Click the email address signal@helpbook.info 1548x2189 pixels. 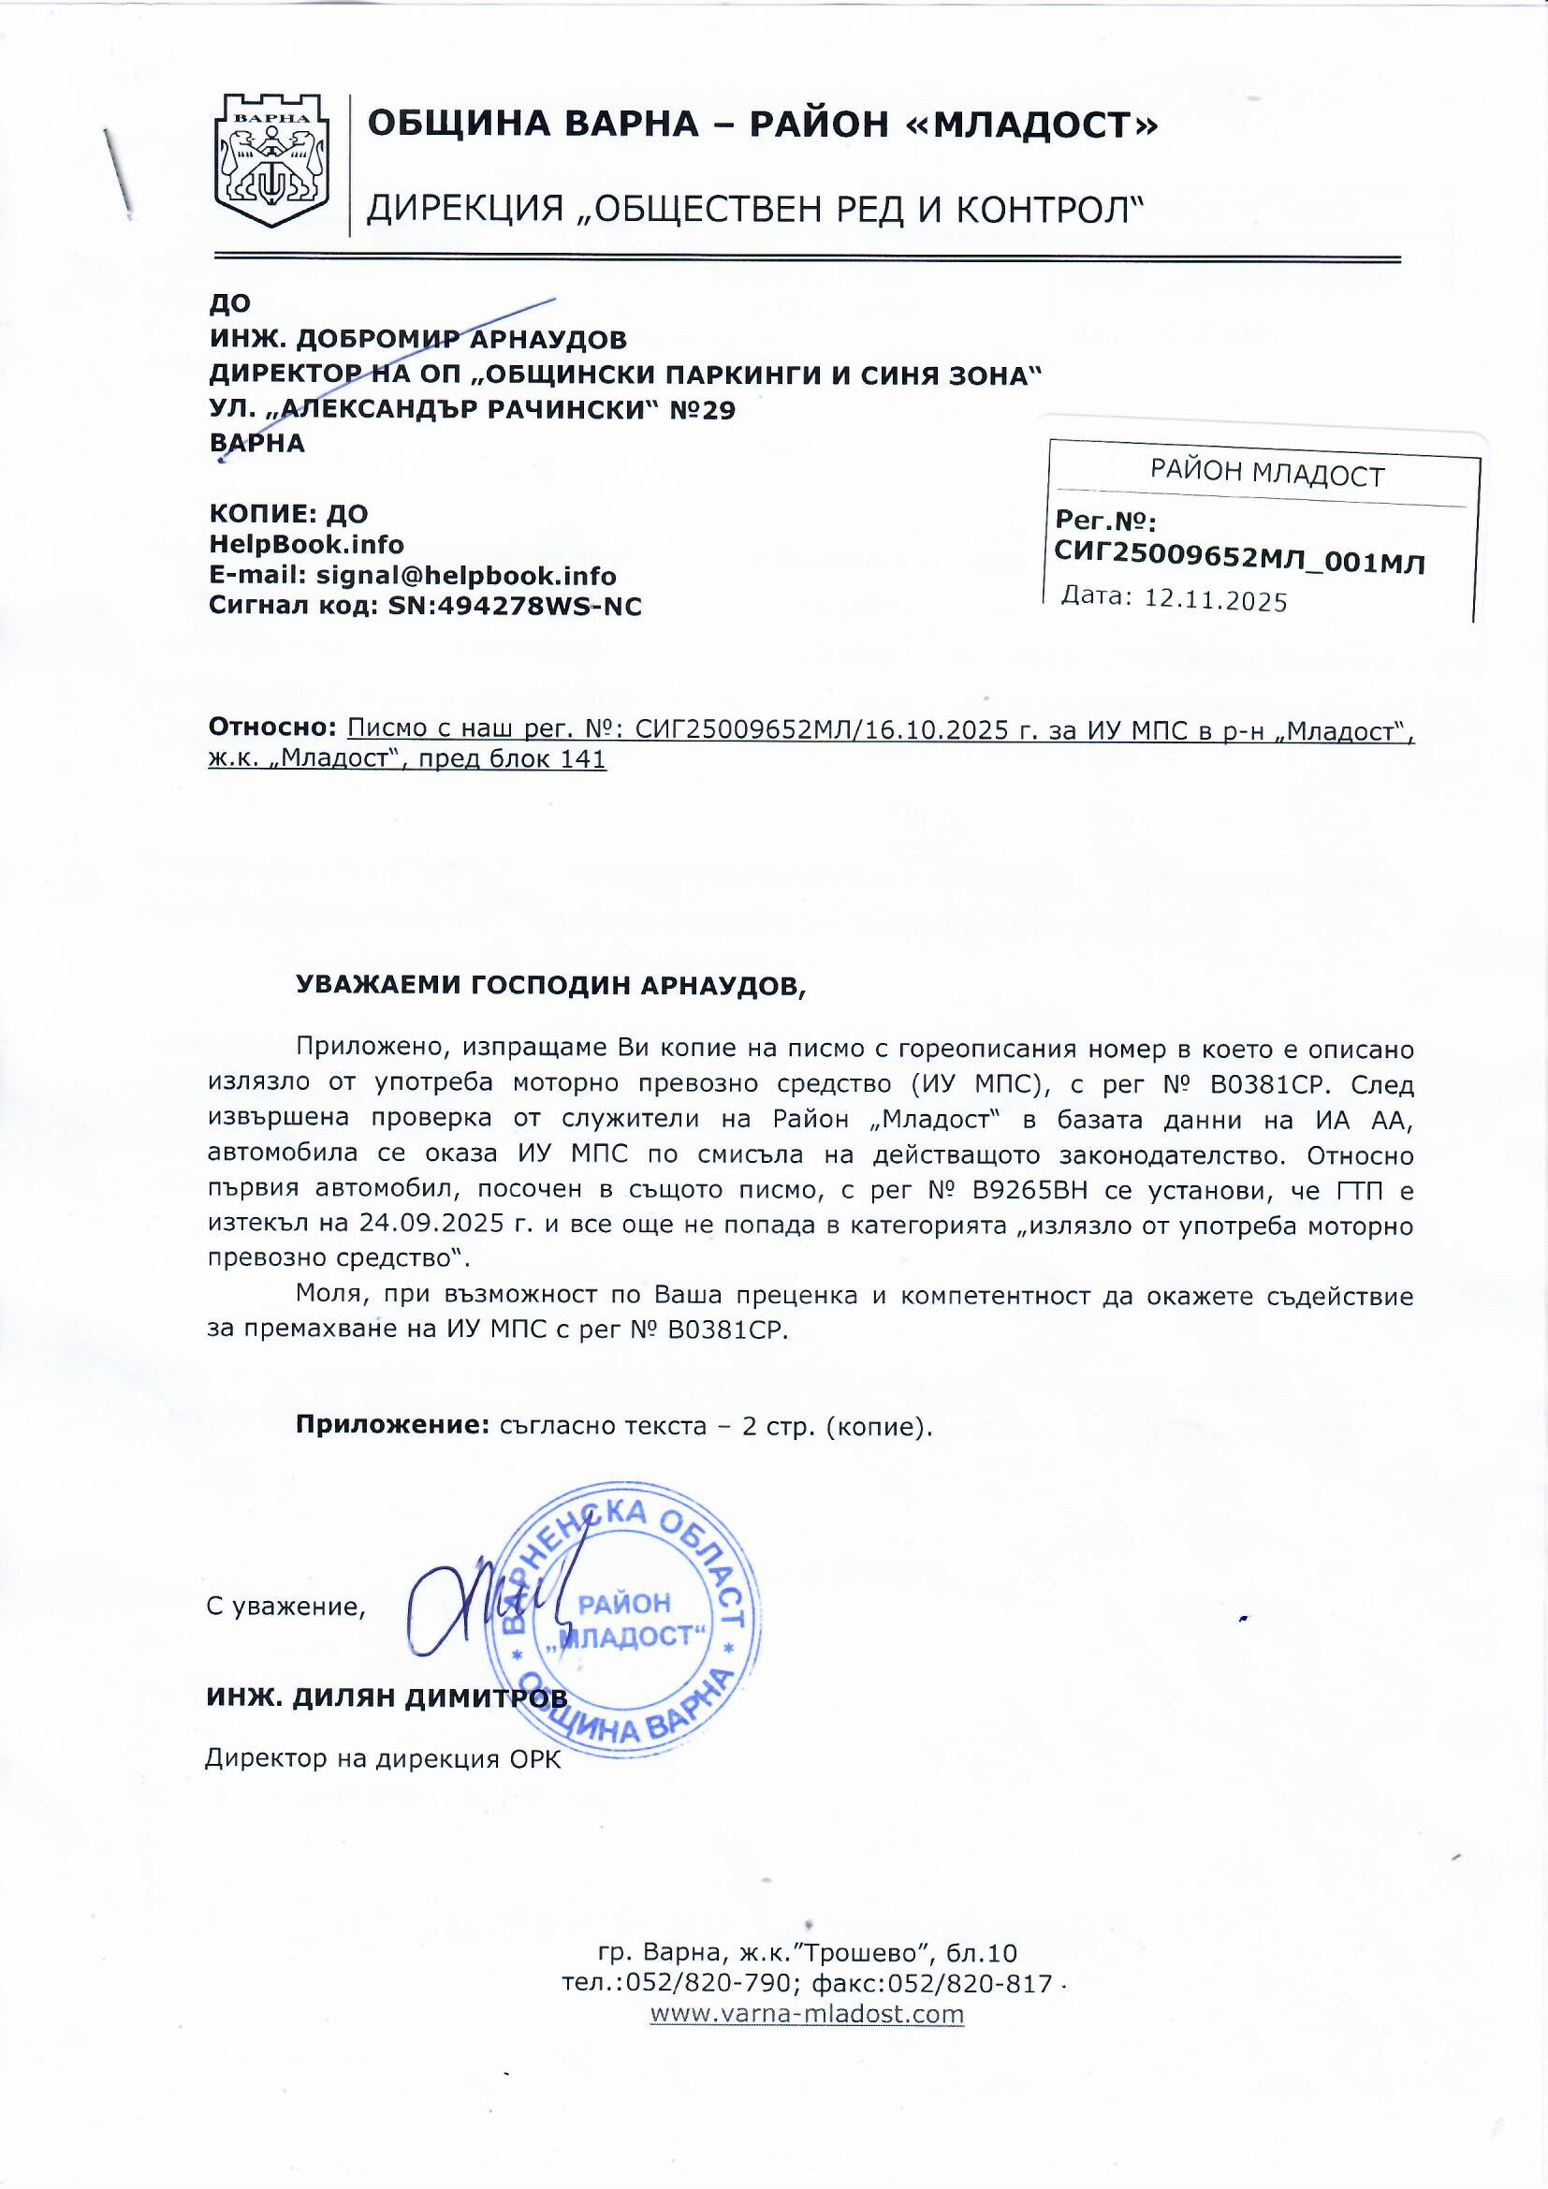tap(466, 576)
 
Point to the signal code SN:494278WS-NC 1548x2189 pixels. tap(515, 607)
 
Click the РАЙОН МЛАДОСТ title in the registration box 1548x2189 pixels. tap(1266, 474)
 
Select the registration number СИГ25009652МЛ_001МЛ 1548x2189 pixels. tap(1239, 561)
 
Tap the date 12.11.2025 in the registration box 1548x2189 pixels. tap(1216, 601)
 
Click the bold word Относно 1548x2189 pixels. tap(272, 728)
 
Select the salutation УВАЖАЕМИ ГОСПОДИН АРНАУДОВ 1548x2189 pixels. tap(551, 986)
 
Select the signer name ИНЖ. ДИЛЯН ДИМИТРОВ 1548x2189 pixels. tap(386, 1698)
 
